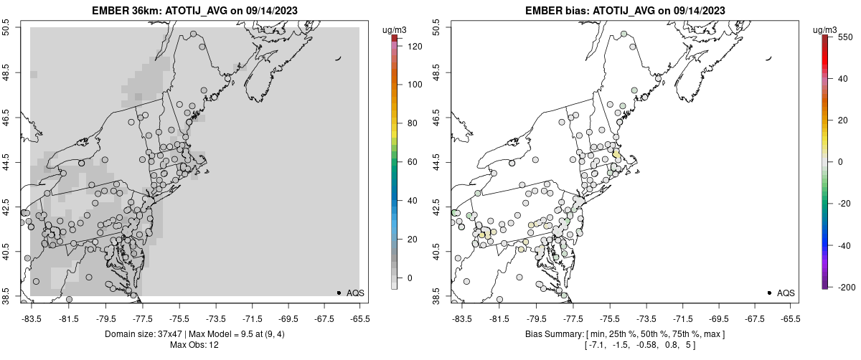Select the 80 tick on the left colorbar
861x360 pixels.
click(x=412, y=123)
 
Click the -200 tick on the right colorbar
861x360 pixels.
click(x=845, y=287)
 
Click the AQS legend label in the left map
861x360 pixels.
click(x=355, y=293)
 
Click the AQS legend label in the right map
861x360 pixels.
click(x=786, y=293)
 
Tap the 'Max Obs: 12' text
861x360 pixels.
click(x=194, y=345)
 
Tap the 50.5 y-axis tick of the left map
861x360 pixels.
click(x=6, y=28)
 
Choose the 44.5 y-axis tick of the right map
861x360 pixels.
click(x=437, y=162)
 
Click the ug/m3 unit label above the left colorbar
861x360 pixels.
click(x=395, y=29)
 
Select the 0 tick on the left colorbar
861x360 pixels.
click(x=410, y=278)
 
